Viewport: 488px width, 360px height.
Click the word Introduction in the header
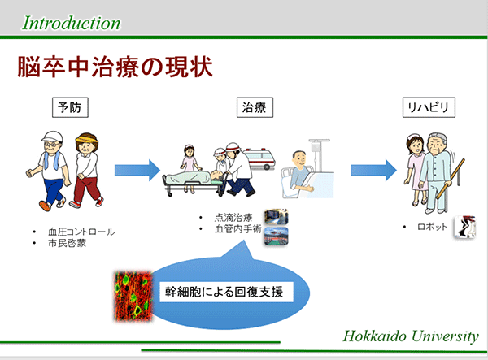(x=72, y=24)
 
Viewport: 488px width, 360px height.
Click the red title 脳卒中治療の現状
(x=115, y=67)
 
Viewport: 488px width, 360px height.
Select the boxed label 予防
(x=70, y=107)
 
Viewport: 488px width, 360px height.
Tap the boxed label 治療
(x=255, y=107)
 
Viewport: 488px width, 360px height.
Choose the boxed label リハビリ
(x=429, y=107)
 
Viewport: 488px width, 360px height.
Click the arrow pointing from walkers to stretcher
(x=137, y=170)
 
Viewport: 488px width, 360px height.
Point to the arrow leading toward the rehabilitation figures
(x=374, y=170)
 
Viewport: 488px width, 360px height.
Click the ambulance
(x=259, y=158)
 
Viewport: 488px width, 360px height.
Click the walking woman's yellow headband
(x=87, y=137)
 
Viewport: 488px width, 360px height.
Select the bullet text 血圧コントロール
(x=81, y=232)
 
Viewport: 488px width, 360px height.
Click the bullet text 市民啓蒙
(x=67, y=243)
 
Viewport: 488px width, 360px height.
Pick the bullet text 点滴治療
(x=233, y=218)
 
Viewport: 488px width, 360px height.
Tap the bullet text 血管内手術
(x=237, y=229)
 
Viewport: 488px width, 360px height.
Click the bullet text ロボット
(x=432, y=227)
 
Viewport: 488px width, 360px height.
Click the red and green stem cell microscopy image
(x=133, y=296)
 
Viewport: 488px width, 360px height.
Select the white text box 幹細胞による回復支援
(x=226, y=292)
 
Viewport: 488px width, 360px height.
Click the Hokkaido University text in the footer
(x=411, y=336)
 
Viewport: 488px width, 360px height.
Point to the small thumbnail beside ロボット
(x=465, y=227)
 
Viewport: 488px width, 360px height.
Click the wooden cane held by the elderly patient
(x=451, y=179)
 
